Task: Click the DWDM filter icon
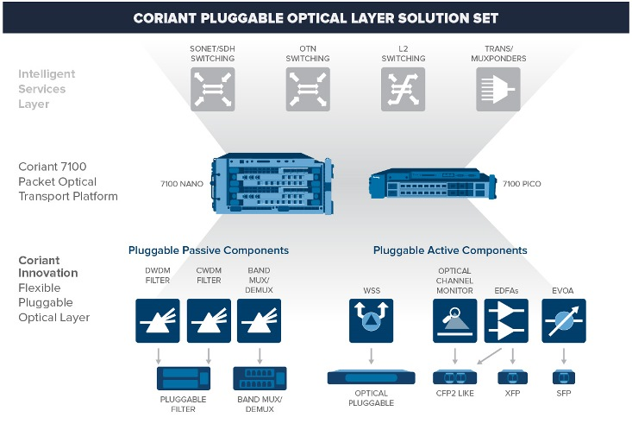coord(158,320)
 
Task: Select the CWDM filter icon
coord(210,320)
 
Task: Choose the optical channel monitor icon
coord(454,320)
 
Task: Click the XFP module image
coord(512,376)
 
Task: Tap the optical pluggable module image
coord(372,377)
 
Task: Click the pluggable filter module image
coord(183,378)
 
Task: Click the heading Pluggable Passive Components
coord(209,250)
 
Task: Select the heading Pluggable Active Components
coord(450,250)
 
